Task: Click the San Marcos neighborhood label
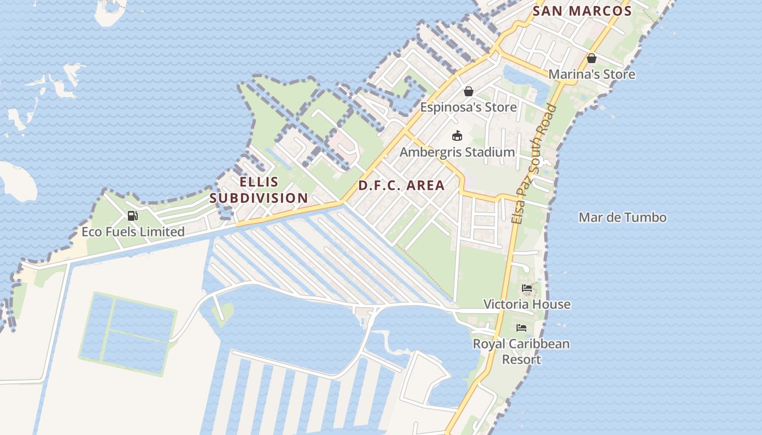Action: [582, 11]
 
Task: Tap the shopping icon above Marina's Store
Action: [592, 58]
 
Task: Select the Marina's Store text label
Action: [592, 74]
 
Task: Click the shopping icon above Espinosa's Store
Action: [468, 91]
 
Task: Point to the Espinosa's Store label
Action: [468, 107]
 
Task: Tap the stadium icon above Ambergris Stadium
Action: [457, 136]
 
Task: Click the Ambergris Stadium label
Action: [457, 152]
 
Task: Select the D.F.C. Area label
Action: [401, 185]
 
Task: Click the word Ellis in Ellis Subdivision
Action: [259, 182]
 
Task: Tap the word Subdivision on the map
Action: [259, 198]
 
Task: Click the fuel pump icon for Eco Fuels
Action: [132, 216]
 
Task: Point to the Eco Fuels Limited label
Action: [133, 232]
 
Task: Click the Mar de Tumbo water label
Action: [622, 217]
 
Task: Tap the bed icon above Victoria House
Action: [526, 288]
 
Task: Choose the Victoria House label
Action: [527, 304]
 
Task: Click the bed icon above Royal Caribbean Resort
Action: [521, 328]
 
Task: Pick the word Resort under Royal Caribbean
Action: [521, 359]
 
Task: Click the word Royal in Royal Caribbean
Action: [488, 344]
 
